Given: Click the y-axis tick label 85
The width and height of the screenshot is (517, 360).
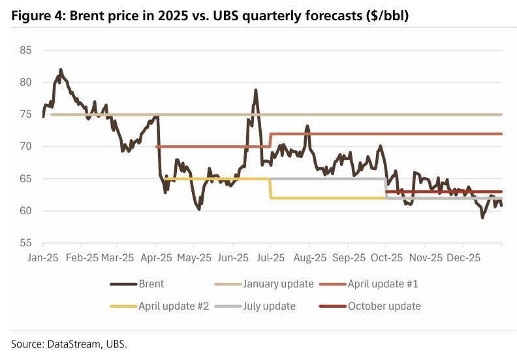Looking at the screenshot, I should pyautogui.click(x=27, y=50).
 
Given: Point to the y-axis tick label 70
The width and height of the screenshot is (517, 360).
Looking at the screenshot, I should pyautogui.click(x=27, y=146).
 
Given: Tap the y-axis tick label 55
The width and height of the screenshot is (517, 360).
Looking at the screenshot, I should pyautogui.click(x=27, y=243).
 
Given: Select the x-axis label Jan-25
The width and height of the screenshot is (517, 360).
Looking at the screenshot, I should pyautogui.click(x=42, y=257).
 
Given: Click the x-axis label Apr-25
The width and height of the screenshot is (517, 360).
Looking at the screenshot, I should pyautogui.click(x=157, y=257).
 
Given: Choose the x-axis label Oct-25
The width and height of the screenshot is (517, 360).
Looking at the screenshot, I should pyautogui.click(x=386, y=257).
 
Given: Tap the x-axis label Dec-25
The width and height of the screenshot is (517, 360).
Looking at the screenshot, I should pyautogui.click(x=464, y=257).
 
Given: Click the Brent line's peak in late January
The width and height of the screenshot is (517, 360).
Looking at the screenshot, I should pyautogui.click(x=61, y=69).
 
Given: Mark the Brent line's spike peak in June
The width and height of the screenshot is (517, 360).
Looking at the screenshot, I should pyautogui.click(x=256, y=90).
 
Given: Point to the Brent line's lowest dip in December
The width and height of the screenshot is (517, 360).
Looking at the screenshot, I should pyautogui.click(x=482, y=218).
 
